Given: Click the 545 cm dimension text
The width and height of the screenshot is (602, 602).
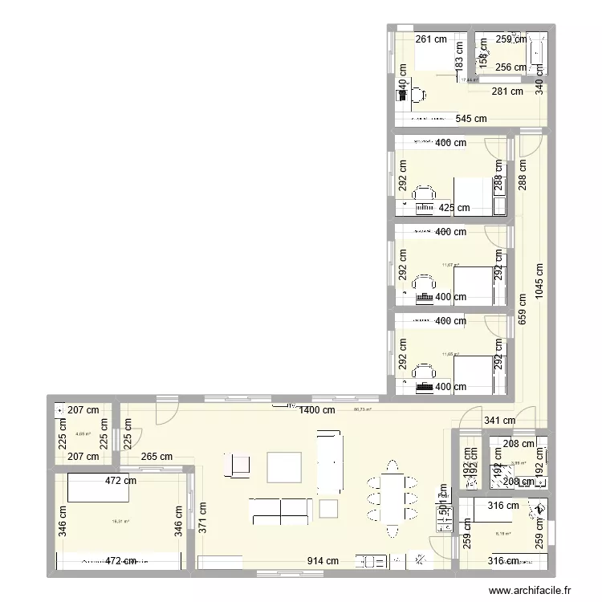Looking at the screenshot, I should pyautogui.click(x=471, y=119).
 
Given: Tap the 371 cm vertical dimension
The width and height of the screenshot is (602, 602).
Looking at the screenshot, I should pyautogui.click(x=202, y=518).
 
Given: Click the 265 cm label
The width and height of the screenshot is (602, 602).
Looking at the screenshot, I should pyautogui.click(x=157, y=457).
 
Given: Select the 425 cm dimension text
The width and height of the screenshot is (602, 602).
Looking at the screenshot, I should pyautogui.click(x=454, y=209).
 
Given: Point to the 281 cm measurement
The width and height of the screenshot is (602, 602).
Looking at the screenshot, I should pyautogui.click(x=507, y=92).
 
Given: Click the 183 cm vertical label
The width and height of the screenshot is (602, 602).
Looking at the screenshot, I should pyautogui.click(x=459, y=59).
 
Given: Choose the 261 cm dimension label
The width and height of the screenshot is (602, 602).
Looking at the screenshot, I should pyautogui.click(x=431, y=39).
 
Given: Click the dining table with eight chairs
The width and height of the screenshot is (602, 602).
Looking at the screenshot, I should pyautogui.click(x=392, y=498).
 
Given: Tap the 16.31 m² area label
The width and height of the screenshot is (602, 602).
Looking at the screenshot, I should pyautogui.click(x=121, y=521).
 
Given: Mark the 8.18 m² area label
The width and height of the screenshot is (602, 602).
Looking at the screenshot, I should pyautogui.click(x=503, y=534).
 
